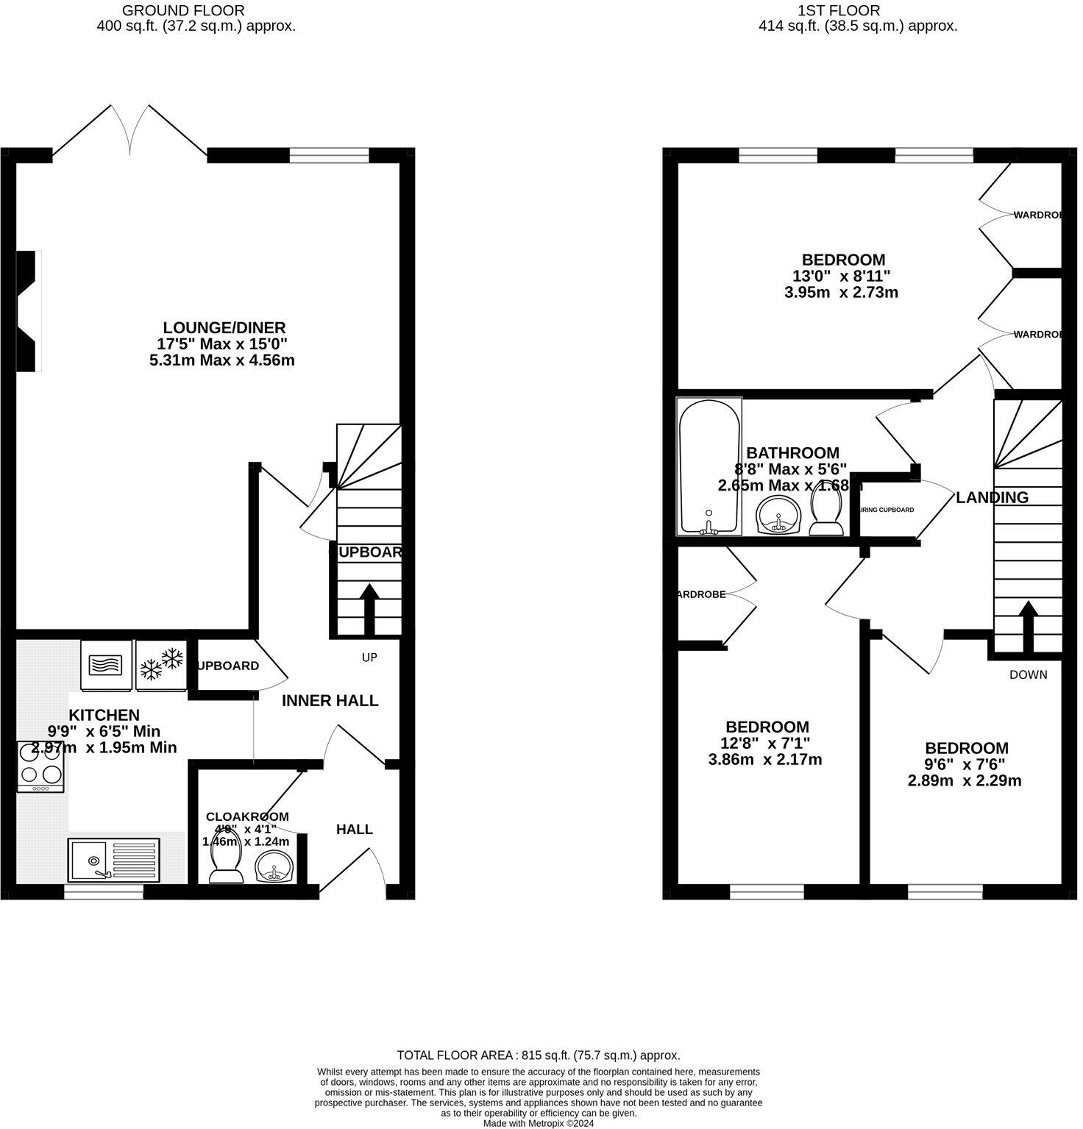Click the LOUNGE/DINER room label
tap(224, 327)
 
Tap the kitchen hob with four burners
tap(41, 766)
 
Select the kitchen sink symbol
tap(114, 859)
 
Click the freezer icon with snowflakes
tap(161, 665)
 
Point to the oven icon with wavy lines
tap(106, 666)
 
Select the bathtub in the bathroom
tap(709, 466)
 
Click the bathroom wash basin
tap(778, 514)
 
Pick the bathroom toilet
tap(826, 513)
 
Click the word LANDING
tap(992, 497)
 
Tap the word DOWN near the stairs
tap(1028, 674)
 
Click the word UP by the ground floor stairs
tap(369, 657)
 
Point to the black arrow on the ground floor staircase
tap(369, 608)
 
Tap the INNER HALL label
tap(330, 700)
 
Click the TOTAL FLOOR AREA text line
tap(538, 1055)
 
